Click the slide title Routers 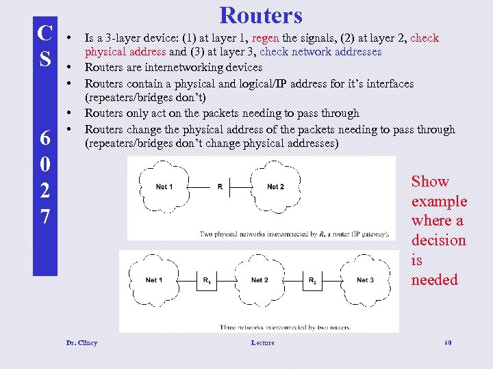(261, 15)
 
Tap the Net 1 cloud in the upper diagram (164, 187)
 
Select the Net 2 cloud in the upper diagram (275, 187)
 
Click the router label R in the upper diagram (220, 187)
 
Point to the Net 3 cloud (365, 280)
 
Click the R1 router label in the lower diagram (207, 280)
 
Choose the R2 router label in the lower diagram (312, 280)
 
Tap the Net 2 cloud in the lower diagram (260, 280)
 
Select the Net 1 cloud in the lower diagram (154, 280)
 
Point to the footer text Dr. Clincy (81, 342)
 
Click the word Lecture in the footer (262, 342)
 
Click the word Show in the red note (430, 182)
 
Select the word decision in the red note (438, 241)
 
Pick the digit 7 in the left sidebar (45, 217)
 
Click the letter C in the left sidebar (45, 33)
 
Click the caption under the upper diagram (295, 234)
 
